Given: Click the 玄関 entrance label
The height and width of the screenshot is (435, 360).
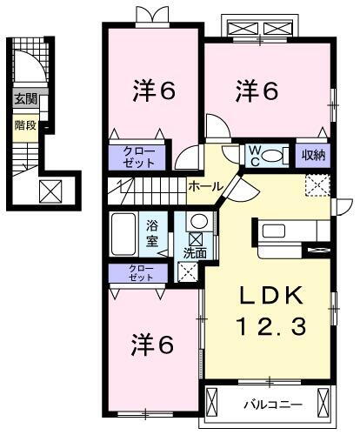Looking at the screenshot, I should click(24, 99).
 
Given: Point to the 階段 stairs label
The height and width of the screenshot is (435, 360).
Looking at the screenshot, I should click(24, 124).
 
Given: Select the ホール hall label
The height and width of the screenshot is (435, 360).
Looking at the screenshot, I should click(203, 185).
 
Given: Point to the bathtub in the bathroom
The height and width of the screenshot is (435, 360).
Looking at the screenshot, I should click(126, 232).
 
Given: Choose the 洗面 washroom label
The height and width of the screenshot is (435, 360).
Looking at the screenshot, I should click(194, 253).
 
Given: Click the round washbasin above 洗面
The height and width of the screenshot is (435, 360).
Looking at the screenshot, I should click(198, 220).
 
